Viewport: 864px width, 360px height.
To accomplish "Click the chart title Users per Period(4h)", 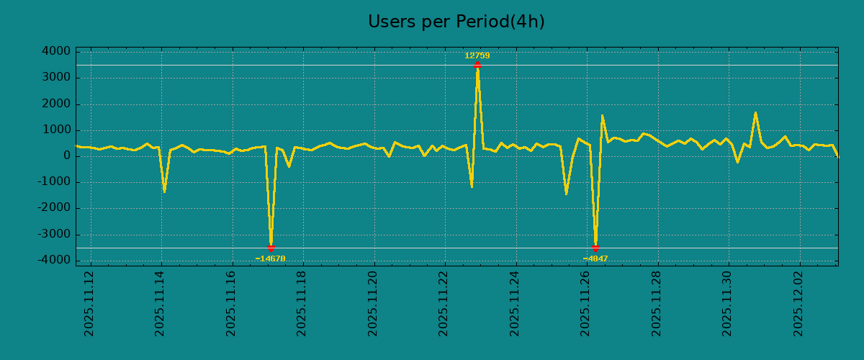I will point(456,22).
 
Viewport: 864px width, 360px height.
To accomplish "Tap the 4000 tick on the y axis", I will point(55,52).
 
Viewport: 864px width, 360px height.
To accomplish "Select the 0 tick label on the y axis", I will point(66,156).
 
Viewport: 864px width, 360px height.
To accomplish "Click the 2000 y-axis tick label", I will point(55,104).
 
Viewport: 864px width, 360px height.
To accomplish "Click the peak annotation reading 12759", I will point(477,55).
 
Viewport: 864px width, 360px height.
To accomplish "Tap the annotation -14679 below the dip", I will point(270,258).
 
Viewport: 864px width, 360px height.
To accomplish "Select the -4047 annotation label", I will point(595,258).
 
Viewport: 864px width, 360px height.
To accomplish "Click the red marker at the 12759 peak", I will point(477,65).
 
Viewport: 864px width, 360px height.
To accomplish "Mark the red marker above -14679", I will point(271,248).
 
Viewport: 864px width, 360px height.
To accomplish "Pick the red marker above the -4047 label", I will point(595,248).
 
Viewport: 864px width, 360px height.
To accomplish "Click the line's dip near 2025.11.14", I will point(164,192).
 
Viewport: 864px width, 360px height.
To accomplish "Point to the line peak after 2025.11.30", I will point(755,112).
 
